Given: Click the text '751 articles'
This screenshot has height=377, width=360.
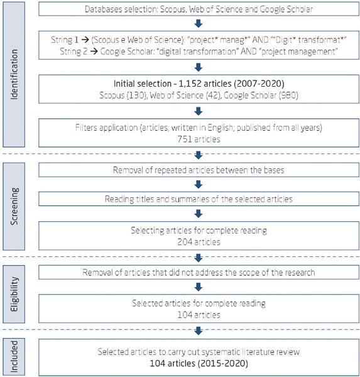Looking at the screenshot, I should click(198, 139).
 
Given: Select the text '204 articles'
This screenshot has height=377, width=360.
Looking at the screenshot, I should click(198, 241).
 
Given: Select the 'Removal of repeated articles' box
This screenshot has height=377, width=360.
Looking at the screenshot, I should click(198, 170).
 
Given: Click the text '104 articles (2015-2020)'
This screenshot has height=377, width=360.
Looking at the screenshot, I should click(198, 363).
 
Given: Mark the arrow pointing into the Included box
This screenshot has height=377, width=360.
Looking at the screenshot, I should click(198, 330).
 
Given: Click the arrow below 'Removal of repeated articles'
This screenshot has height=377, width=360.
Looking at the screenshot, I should click(198, 185).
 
